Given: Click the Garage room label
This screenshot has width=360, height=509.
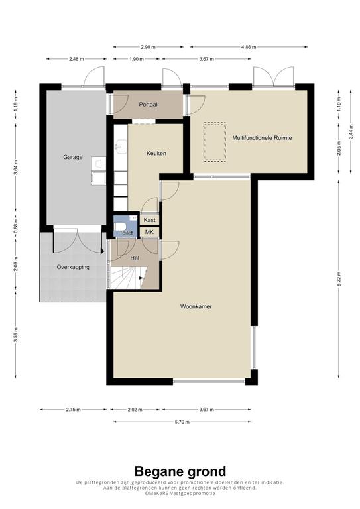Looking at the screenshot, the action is [x=73, y=157].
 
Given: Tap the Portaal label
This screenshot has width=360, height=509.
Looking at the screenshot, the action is [x=148, y=105].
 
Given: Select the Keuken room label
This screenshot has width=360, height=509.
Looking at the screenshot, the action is [x=156, y=153].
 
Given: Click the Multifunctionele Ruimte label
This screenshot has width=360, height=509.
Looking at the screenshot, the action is [x=262, y=138].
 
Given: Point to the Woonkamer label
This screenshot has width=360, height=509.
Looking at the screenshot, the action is [x=196, y=306].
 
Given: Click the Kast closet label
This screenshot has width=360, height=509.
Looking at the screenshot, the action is [x=149, y=220].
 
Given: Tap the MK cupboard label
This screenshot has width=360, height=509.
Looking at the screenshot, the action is [x=149, y=232].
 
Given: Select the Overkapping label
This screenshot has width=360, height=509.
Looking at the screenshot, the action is [x=73, y=268].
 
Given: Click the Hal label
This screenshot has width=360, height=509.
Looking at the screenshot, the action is [x=135, y=258].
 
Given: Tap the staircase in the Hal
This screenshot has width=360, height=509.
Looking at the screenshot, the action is [x=127, y=277].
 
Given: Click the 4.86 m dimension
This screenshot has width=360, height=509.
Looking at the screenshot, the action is [x=249, y=47].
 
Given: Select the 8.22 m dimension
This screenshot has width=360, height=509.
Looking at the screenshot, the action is [x=339, y=278].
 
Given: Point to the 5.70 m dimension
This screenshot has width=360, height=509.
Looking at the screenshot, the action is [x=182, y=422].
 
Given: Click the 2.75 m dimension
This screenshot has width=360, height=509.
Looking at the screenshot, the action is [x=73, y=410].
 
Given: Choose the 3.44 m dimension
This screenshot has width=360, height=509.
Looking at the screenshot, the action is [x=351, y=131].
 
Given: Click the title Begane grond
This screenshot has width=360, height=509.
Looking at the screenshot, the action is [x=180, y=471].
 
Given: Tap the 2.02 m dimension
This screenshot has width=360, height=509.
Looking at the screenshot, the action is [x=135, y=410].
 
